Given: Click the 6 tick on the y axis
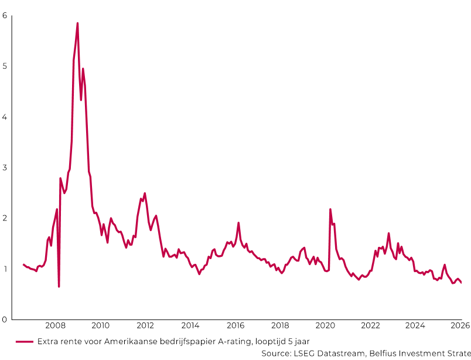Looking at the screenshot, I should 5,15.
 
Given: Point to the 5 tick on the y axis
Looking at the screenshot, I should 5,66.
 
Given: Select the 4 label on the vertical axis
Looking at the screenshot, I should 5,117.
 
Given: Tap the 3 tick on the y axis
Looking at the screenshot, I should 5,168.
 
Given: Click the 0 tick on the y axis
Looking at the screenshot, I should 5,320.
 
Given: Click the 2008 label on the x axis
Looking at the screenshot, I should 55,326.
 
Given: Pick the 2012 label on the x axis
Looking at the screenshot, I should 145,326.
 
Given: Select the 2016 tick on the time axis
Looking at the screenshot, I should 235,326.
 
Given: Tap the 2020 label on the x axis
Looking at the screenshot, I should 325,326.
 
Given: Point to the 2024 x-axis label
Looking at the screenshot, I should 415,326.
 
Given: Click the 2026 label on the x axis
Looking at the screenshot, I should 460,326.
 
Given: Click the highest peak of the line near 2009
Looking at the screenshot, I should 77,23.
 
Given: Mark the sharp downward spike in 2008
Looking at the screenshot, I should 59,286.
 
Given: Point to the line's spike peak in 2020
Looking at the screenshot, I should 330,209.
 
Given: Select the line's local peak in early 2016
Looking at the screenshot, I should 238,223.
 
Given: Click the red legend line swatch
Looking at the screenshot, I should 24,341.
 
